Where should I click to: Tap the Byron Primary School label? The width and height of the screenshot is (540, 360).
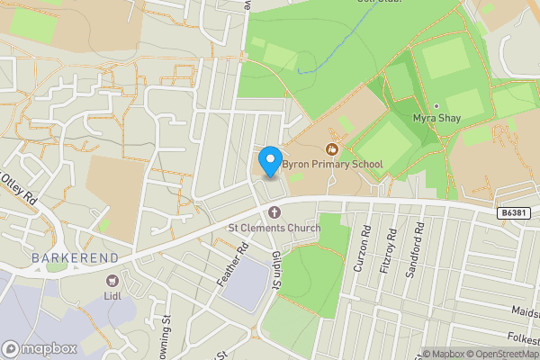332,164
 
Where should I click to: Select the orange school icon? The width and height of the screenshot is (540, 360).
332,148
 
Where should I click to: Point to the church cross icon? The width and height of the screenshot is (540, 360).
274,212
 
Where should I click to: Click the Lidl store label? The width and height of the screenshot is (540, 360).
112,295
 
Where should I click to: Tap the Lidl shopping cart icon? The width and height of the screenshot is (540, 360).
112,280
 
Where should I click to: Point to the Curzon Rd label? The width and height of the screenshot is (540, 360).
360,256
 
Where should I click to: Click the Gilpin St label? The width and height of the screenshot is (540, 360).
275,270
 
